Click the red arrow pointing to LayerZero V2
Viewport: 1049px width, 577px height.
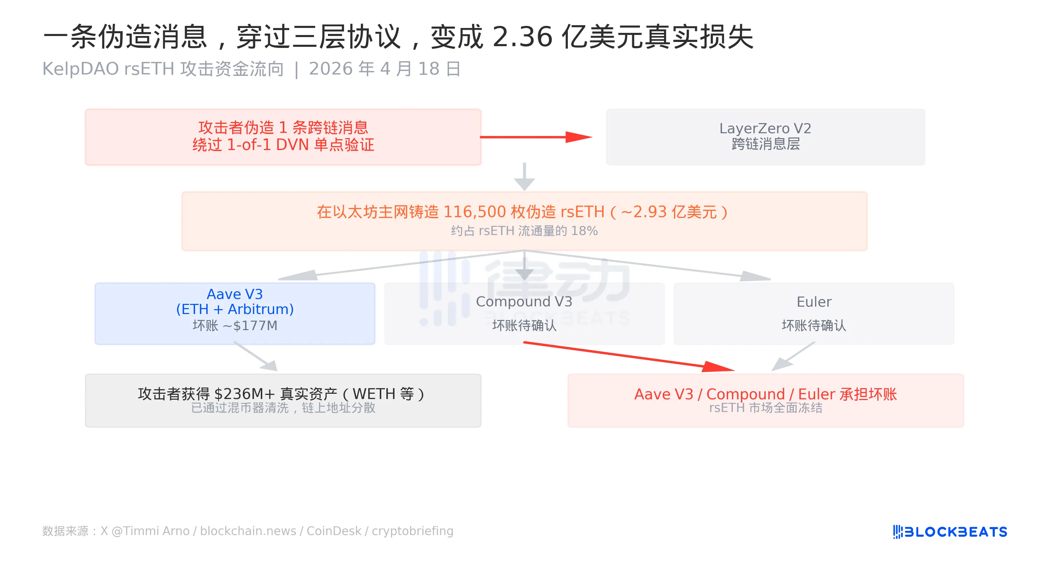tap(536, 137)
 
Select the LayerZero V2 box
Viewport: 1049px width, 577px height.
tap(765, 137)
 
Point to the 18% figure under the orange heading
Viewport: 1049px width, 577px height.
tap(584, 231)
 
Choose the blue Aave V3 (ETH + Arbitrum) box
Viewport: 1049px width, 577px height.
tap(235, 314)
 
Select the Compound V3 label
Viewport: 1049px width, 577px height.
tap(524, 302)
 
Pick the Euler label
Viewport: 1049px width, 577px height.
tap(814, 302)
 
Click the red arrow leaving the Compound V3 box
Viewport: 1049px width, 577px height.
tap(629, 357)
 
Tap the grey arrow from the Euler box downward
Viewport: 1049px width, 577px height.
tap(793, 357)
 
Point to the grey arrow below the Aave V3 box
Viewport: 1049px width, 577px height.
tap(256, 357)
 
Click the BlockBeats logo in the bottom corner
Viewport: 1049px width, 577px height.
tap(950, 532)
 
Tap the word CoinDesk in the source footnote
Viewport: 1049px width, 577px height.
tap(334, 531)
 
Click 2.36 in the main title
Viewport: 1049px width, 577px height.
tap(522, 37)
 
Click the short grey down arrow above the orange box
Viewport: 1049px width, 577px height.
tap(524, 177)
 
